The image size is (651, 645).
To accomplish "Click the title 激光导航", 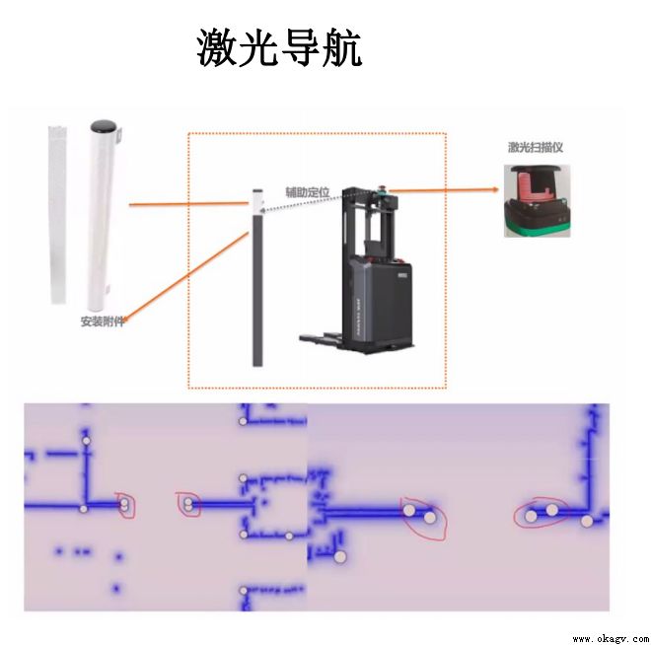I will (279, 48).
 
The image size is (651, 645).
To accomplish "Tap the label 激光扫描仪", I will (536, 148).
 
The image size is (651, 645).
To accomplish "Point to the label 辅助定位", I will (307, 191).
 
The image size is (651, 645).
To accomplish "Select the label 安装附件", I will (102, 322).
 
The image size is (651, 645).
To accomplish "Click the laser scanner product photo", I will (537, 200).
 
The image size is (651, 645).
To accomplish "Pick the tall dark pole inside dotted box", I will (257, 286).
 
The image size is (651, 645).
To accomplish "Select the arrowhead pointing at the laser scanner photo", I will (495, 189).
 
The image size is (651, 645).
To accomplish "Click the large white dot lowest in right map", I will (340, 557).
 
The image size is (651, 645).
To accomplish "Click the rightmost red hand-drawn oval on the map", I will (542, 512).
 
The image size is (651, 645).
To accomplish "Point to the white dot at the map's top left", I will (87, 440).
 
